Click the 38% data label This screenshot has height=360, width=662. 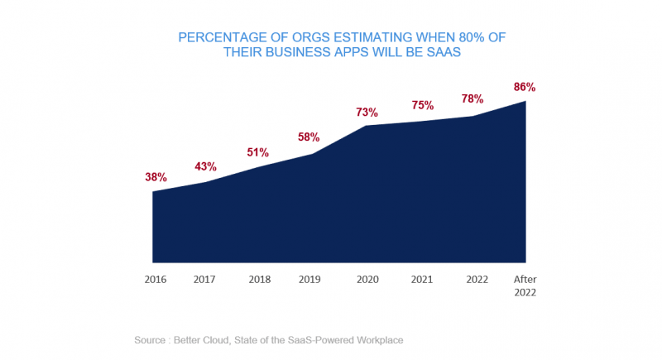pos(156,177)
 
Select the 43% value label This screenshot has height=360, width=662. pos(206,166)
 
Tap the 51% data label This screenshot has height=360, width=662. pos(257,152)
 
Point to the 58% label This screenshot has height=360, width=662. pos(309,137)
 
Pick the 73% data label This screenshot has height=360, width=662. pos(367,112)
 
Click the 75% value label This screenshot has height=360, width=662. pos(422,105)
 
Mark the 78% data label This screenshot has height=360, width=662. pos(473,98)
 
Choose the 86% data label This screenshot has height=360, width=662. pos(525,86)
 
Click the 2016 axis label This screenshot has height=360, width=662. pos(156,280)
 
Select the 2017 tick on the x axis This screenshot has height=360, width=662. pos(204,280)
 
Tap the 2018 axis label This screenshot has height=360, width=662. pos(259,280)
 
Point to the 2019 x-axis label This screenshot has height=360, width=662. pos(309,280)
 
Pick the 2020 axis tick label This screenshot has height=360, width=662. pos(367,280)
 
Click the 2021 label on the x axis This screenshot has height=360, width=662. pos(422,280)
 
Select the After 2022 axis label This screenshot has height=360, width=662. pos(525,286)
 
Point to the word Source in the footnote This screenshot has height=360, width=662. pos(151,340)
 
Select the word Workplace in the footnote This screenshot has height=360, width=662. pos(376,340)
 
